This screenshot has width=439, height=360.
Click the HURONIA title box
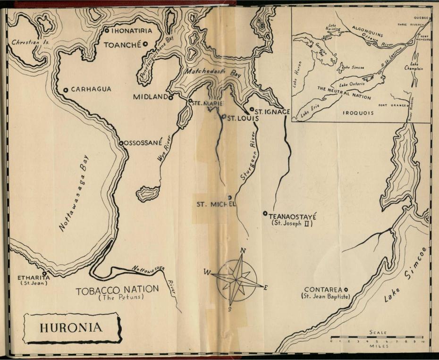pyautogui.click(x=72, y=328)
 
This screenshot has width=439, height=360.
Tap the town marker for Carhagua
pyautogui.click(x=66, y=90)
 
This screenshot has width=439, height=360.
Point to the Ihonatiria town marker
pyautogui.click(x=107, y=31)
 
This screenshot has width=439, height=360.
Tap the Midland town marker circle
pyautogui.click(x=170, y=97)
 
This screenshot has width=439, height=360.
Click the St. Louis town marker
pyautogui.click(x=224, y=117)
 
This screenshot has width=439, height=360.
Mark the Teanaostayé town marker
pyautogui.click(x=265, y=213)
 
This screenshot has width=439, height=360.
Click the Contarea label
pyautogui.click(x=323, y=289)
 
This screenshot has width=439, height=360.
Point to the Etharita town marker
pyautogui.click(x=44, y=273)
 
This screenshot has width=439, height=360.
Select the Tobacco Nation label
pyautogui.click(x=118, y=290)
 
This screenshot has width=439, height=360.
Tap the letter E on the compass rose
pyautogui.click(x=265, y=287)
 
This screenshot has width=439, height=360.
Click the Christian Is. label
pyautogui.click(x=28, y=42)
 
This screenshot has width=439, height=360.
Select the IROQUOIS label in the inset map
pyautogui.click(x=358, y=113)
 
